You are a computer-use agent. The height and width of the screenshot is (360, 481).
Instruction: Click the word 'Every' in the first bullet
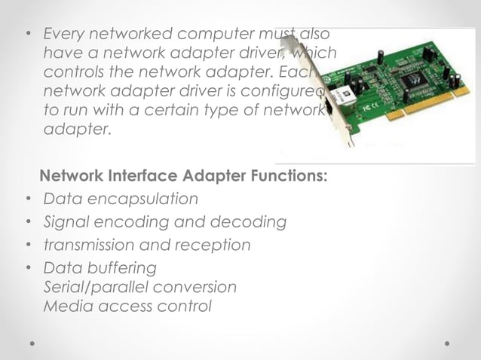[x=64, y=35]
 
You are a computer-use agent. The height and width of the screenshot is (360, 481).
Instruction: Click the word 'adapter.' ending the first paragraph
[x=77, y=130]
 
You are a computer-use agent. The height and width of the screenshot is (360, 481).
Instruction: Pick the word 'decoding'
[x=253, y=222]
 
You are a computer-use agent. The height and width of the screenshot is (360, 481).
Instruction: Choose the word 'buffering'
[x=120, y=267]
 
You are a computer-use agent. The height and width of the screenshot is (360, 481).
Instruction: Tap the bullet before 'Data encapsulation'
[x=26, y=200]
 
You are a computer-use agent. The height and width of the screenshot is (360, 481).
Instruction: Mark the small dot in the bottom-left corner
[x=33, y=343]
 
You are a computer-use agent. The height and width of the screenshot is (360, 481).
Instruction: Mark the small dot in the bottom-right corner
[x=447, y=343]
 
